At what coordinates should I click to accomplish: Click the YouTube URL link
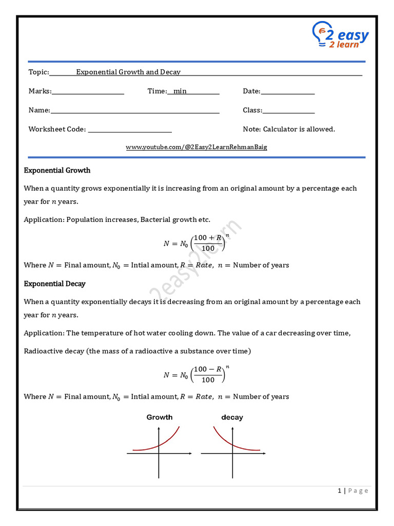pyautogui.click(x=196, y=147)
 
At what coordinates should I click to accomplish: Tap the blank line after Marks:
pyautogui.click(x=88, y=93)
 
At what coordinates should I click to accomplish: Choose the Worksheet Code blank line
pyautogui.click(x=130, y=131)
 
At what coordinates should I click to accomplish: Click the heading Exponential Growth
pyautogui.click(x=57, y=171)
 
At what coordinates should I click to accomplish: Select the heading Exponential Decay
pyautogui.click(x=54, y=284)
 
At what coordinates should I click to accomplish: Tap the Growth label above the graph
pyautogui.click(x=160, y=418)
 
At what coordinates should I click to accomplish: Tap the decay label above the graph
pyautogui.click(x=232, y=418)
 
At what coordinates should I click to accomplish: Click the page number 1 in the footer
pyautogui.click(x=339, y=491)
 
